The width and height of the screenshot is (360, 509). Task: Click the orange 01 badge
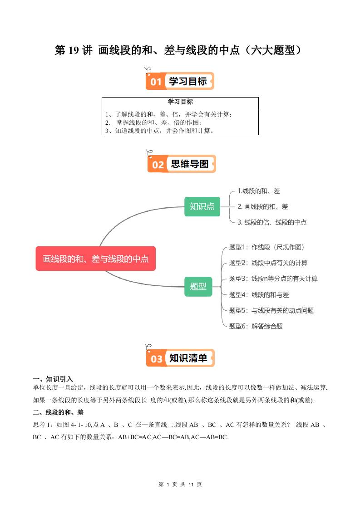coord(156,82)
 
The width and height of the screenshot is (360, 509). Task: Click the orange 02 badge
coord(158,164)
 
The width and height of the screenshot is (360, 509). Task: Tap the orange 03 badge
coord(157,358)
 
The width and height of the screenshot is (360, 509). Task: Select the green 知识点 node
coord(202,206)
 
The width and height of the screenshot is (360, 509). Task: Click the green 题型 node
coord(198,286)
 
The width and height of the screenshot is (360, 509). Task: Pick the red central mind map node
coord(96,259)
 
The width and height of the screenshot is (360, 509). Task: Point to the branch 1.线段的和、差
coord(259,191)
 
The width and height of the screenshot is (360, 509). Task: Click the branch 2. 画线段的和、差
coord(263,206)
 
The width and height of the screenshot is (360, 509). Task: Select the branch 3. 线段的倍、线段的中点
coord(272,222)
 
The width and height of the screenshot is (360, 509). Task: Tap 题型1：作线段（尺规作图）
coord(266,247)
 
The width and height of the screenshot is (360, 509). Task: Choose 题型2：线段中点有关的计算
coord(268,263)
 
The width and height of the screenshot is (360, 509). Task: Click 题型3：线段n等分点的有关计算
coord(273,279)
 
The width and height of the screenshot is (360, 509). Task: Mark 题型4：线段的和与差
coord(259,294)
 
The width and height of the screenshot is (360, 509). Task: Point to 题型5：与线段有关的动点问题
coord(271,310)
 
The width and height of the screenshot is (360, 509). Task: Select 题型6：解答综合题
coord(256,326)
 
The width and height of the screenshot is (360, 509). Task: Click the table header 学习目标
coord(180,102)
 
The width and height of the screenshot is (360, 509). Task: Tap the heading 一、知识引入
coord(53,379)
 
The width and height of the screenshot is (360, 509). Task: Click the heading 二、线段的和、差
coord(58,412)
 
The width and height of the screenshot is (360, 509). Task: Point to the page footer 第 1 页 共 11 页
coord(180,485)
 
